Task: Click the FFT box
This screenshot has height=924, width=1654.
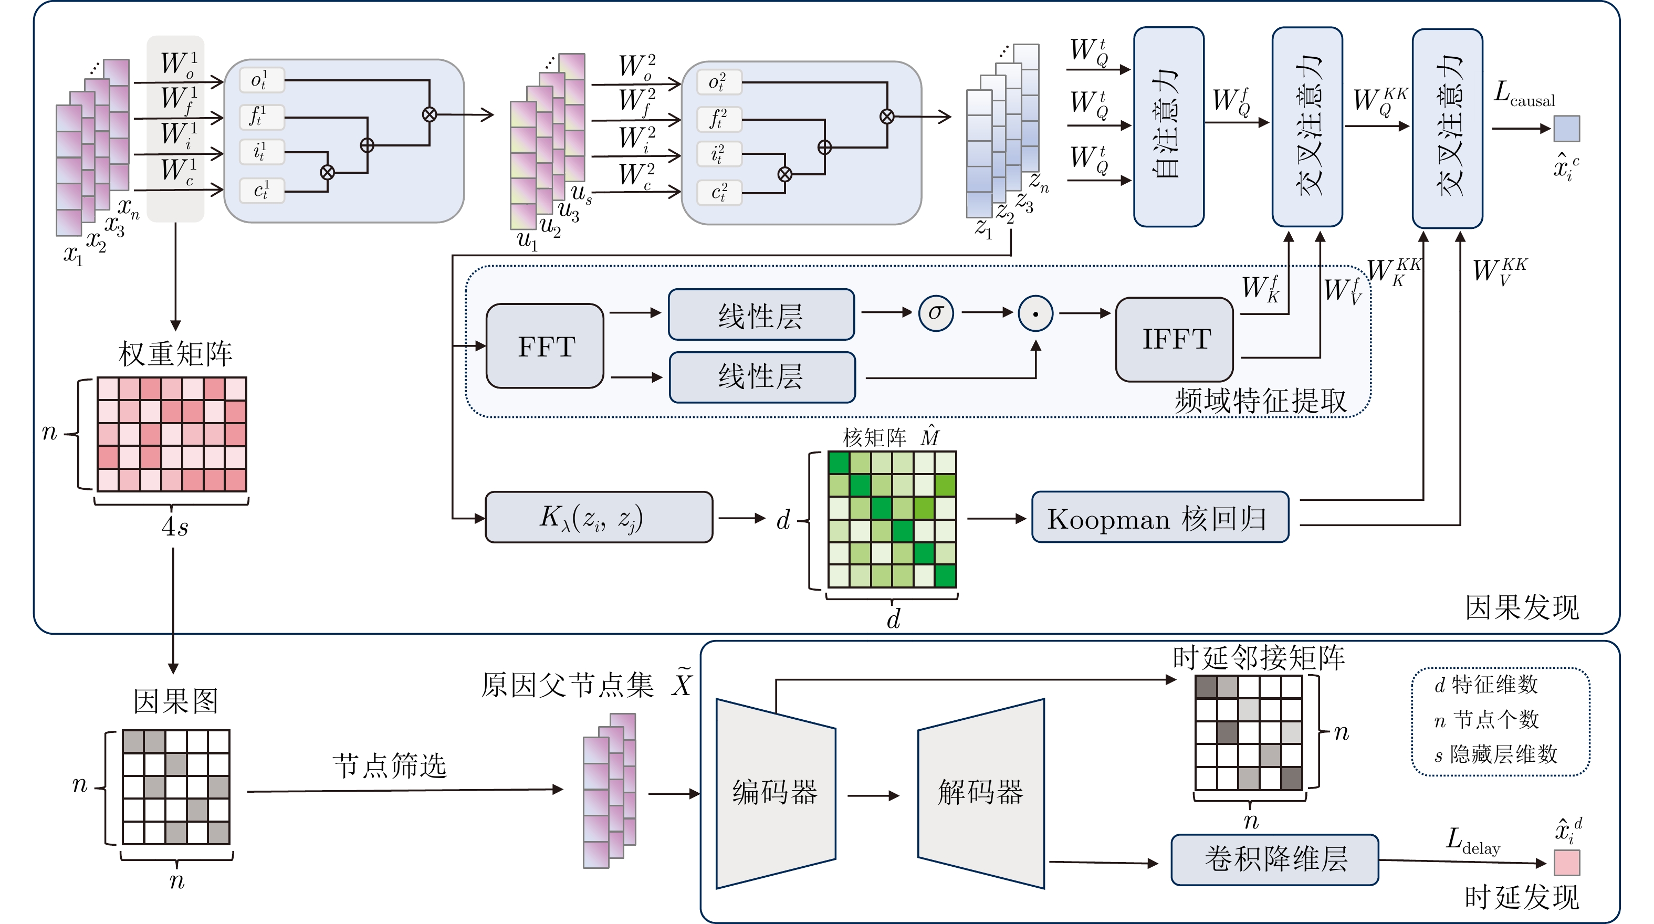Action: coord(545,346)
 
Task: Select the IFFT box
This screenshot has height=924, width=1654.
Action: coord(1175,339)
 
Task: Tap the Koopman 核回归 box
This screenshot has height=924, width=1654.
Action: coord(1159,518)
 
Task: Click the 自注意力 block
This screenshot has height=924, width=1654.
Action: coord(1169,127)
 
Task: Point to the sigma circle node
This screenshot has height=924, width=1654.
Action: coord(936,313)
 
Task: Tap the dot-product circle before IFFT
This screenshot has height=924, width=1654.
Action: coord(1035,313)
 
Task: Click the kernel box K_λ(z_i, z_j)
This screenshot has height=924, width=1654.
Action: coord(599,518)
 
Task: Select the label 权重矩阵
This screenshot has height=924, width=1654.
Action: coord(175,354)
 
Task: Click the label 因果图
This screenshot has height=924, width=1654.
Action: coord(175,701)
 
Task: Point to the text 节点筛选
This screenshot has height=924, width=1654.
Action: coord(390,765)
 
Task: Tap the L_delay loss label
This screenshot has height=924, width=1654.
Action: coord(1473,841)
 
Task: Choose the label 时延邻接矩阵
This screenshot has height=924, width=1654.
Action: coord(1259,657)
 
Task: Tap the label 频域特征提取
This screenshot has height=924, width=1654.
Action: coord(1260,401)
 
